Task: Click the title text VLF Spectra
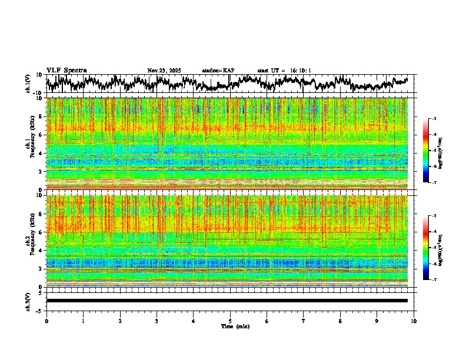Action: [x=66, y=71]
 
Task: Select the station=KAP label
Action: [x=218, y=71]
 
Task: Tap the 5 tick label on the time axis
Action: [x=230, y=321]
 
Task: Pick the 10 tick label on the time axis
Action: [x=414, y=321]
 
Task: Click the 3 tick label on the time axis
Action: [x=157, y=321]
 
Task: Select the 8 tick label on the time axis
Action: [x=340, y=321]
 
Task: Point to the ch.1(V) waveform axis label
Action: [x=28, y=84]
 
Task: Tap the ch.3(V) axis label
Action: [x=28, y=301]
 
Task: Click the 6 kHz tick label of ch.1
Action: [x=41, y=135]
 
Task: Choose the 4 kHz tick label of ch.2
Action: [x=41, y=251]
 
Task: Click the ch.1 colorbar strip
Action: [x=426, y=151]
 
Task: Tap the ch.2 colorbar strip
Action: [x=426, y=248]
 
